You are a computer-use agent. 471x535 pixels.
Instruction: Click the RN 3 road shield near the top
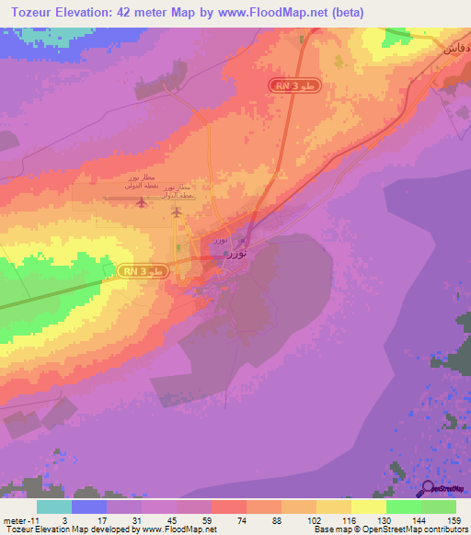(x=295, y=85)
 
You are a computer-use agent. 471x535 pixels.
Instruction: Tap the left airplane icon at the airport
(x=140, y=201)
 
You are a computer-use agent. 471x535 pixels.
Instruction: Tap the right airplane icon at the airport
(x=177, y=212)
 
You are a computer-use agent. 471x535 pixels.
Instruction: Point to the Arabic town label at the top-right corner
(x=456, y=47)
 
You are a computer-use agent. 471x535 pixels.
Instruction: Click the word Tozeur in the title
(x=35, y=13)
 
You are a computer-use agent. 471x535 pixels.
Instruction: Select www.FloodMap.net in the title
(x=278, y=13)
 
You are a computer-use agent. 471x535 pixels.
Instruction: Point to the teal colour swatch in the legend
(x=54, y=507)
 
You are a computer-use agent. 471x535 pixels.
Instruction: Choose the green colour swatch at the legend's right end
(x=439, y=507)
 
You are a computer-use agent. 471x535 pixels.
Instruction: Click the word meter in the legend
(x=15, y=519)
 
